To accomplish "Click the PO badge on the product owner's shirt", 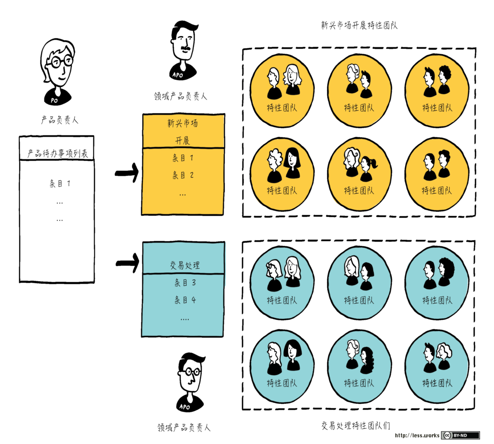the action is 54,100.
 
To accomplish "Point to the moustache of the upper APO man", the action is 185,49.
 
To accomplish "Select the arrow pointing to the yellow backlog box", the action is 127,172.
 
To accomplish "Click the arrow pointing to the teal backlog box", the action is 127,263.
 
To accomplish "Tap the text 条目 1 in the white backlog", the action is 60,183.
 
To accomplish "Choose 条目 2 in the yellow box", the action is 183,175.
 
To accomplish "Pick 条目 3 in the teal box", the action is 185,283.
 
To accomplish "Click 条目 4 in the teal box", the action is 185,300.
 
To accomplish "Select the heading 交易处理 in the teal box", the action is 185,265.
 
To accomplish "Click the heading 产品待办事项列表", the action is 57,153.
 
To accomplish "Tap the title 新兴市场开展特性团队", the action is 359,25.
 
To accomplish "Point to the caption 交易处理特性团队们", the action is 356,425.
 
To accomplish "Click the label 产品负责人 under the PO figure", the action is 59,120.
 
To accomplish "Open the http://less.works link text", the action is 417,435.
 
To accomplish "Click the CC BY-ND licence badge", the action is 460,435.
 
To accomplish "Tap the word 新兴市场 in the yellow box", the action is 183,123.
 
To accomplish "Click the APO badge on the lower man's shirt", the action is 185,407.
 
